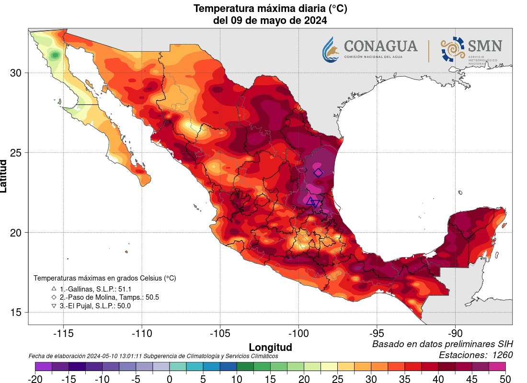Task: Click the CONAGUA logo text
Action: click(380, 46)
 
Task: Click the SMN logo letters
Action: click(485, 46)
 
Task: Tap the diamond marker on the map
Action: click(319, 173)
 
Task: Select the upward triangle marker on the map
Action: click(310, 201)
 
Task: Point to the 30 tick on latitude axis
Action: click(16, 73)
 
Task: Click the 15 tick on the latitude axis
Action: click(16, 313)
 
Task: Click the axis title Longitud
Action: click(270, 347)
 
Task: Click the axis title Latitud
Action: click(4, 176)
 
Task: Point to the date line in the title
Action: click(270, 21)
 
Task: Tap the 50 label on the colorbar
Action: click(506, 379)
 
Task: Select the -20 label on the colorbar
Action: click(35, 379)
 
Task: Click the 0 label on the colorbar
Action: click(170, 379)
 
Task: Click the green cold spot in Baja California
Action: click(56, 56)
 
